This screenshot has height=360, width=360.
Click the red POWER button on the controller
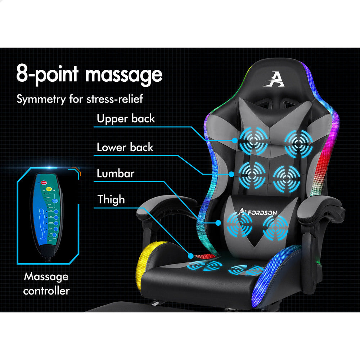tap(45, 181)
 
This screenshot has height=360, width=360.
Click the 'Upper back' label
tap(126, 118)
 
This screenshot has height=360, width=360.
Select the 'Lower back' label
tap(125, 147)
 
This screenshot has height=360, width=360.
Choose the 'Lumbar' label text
tap(115, 174)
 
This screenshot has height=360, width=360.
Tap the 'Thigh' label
tap(111, 199)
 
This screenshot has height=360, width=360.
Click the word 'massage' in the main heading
tap(124, 75)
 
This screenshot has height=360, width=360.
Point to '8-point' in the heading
tap(47, 75)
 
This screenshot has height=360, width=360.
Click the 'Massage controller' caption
tap(46, 284)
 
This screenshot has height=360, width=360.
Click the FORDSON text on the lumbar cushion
tap(262, 212)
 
